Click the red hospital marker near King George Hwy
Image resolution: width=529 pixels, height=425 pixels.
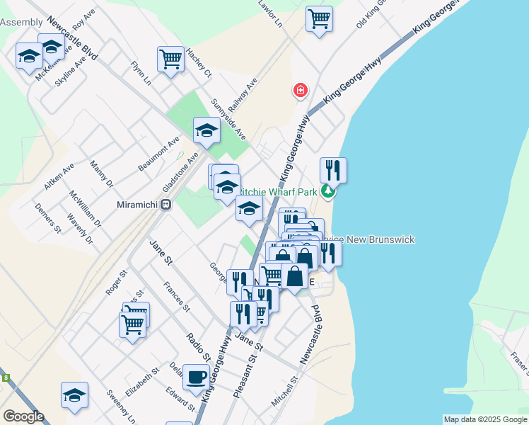coord(301,91)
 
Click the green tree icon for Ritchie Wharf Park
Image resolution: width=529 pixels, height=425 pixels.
coord(327,191)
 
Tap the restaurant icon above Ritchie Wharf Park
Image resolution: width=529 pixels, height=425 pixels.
coord(333,170)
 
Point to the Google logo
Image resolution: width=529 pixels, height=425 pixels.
coord(23,416)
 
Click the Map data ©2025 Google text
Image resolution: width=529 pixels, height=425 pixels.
coord(484,419)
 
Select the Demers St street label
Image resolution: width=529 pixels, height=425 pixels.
coord(47,217)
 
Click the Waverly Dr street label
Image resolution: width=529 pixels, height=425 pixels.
coord(80,229)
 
